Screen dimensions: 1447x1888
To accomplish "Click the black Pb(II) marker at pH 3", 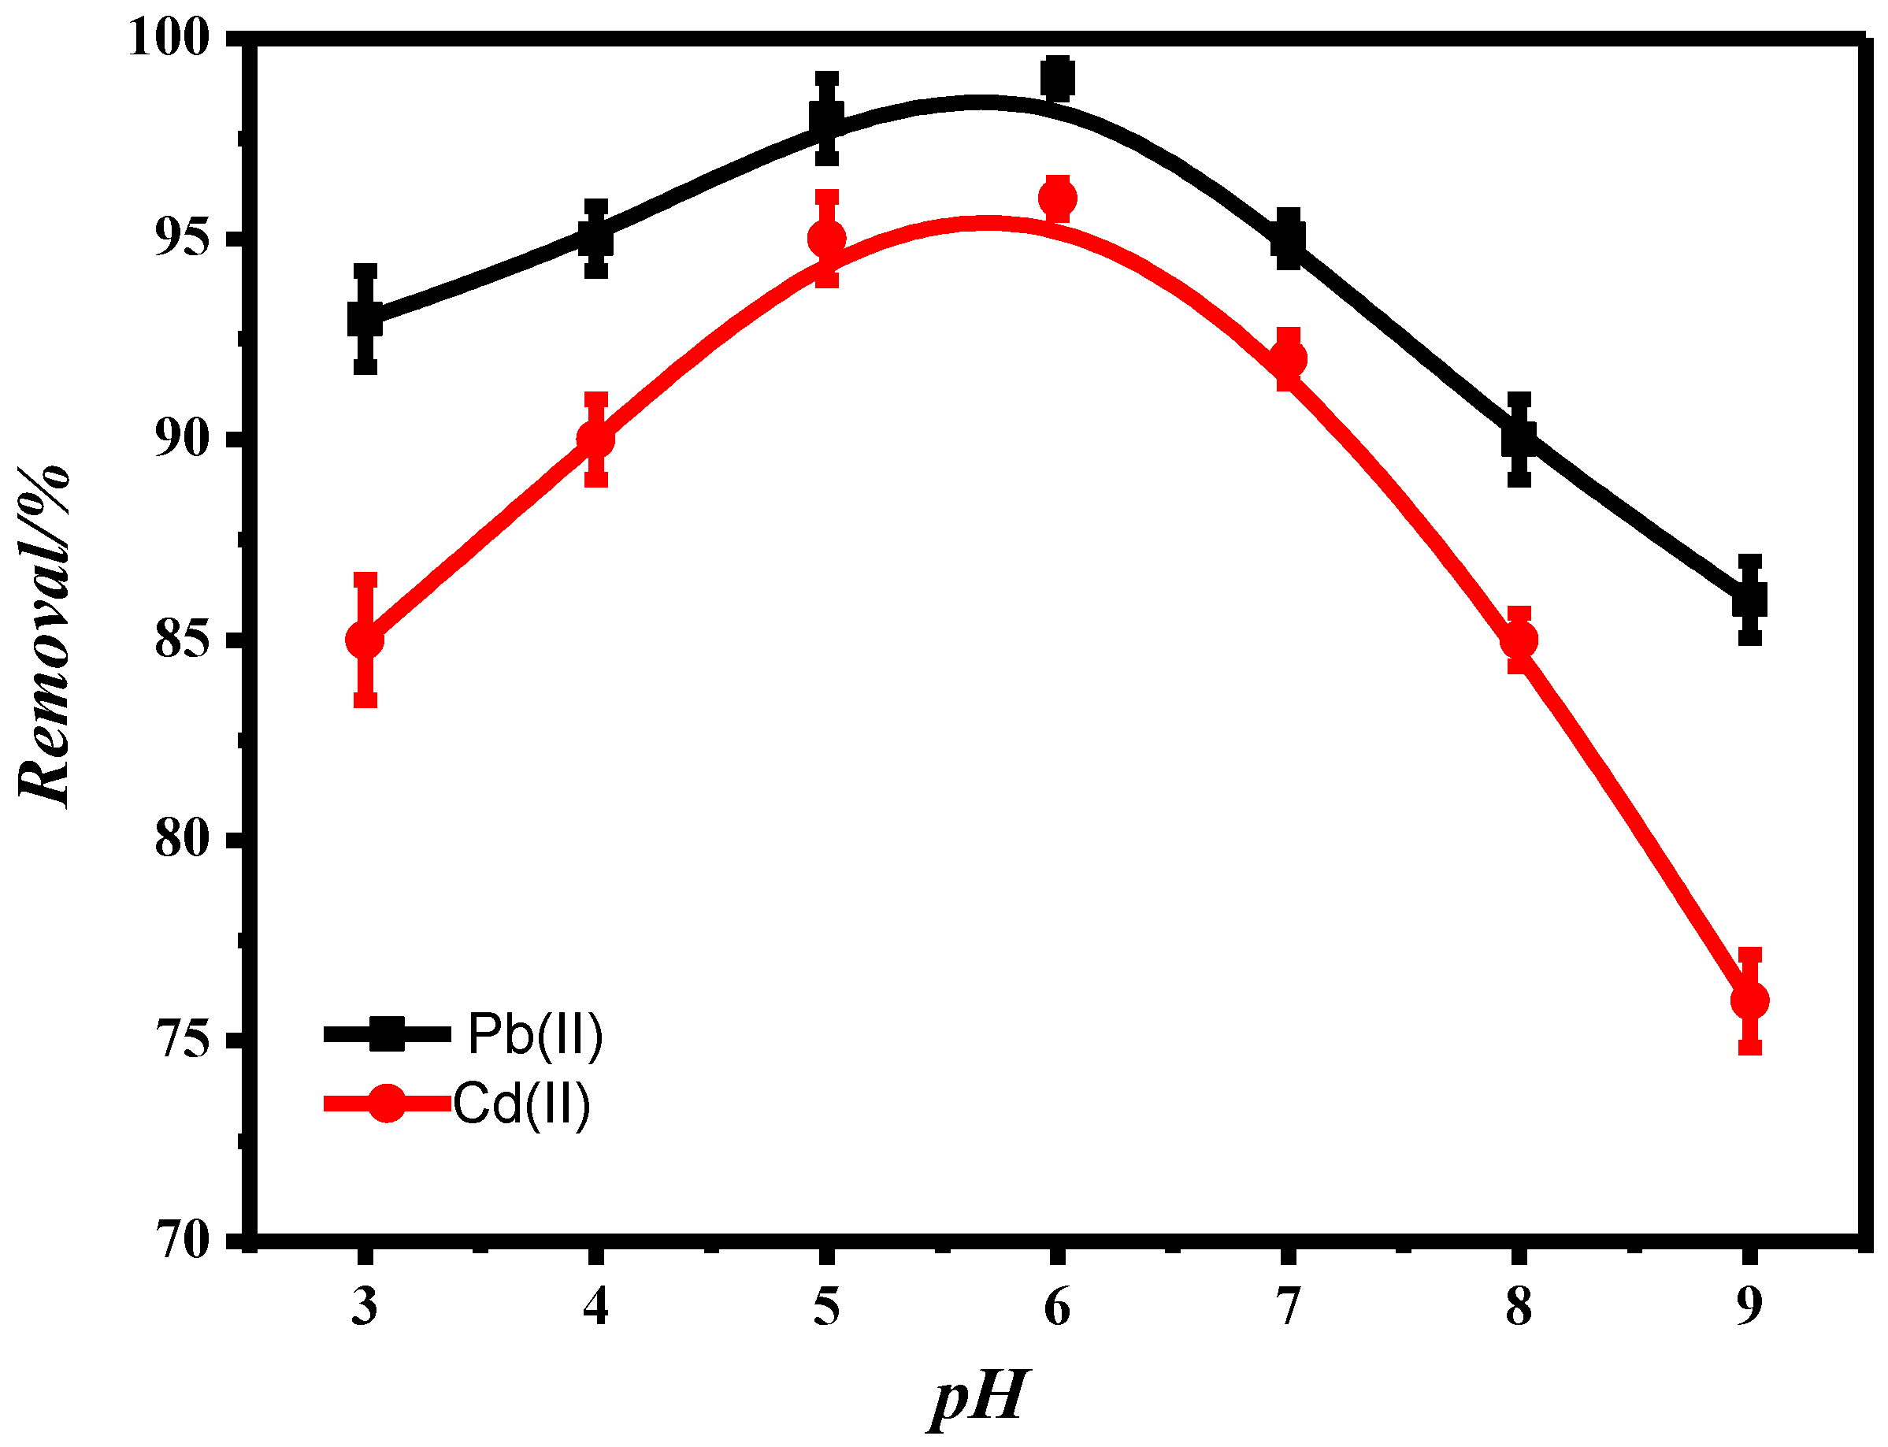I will tap(365, 320).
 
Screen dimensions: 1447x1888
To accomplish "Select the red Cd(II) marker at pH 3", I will tap(365, 640).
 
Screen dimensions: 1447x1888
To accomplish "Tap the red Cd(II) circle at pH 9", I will tap(1749, 1000).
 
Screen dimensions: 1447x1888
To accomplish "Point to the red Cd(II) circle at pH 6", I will tap(1057, 198).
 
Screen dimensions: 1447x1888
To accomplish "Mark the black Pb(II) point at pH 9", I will tap(1749, 599).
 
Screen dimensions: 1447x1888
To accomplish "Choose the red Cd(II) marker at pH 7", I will tap(1288, 358).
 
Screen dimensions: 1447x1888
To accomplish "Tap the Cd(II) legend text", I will tap(522, 1104).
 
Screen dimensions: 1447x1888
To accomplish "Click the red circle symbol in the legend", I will tap(387, 1104).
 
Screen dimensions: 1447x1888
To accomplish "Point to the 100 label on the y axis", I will tap(169, 39).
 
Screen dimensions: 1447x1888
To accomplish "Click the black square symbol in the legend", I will tap(387, 1033).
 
